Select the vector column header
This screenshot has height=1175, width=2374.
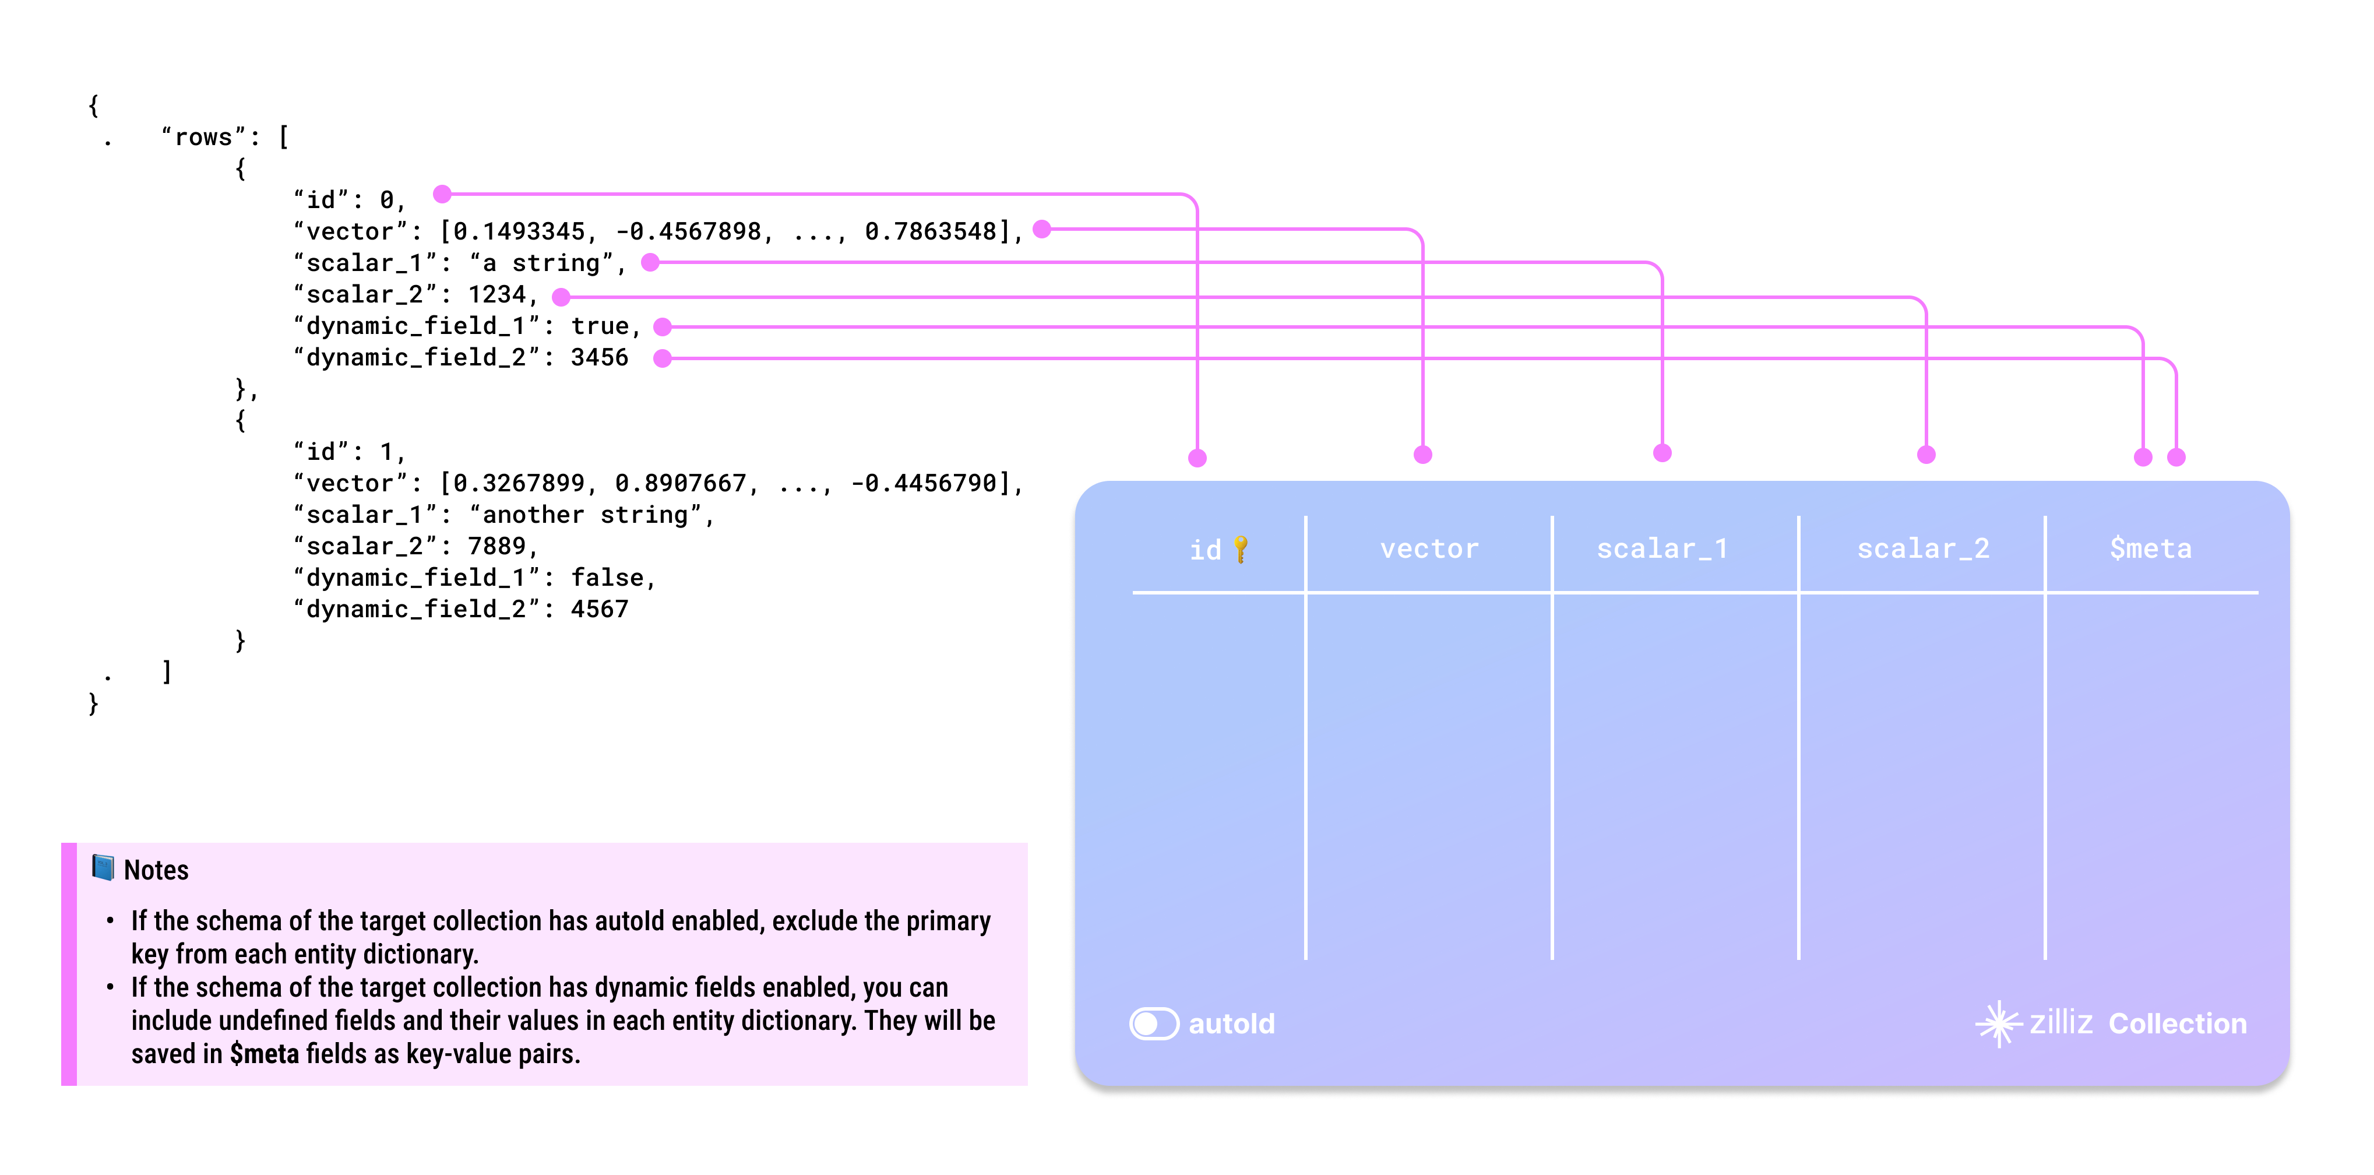1428,549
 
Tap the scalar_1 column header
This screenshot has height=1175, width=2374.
1661,549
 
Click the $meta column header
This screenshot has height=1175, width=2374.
2150,549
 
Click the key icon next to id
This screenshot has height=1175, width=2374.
1241,549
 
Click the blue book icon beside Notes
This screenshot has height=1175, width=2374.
103,868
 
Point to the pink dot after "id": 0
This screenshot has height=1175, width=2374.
442,194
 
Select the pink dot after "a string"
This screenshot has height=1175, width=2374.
651,263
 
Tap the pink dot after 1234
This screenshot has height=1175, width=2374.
561,297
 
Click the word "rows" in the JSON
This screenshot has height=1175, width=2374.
204,138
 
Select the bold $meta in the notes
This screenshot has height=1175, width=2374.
265,1053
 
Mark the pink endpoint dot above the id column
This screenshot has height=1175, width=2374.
1197,458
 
